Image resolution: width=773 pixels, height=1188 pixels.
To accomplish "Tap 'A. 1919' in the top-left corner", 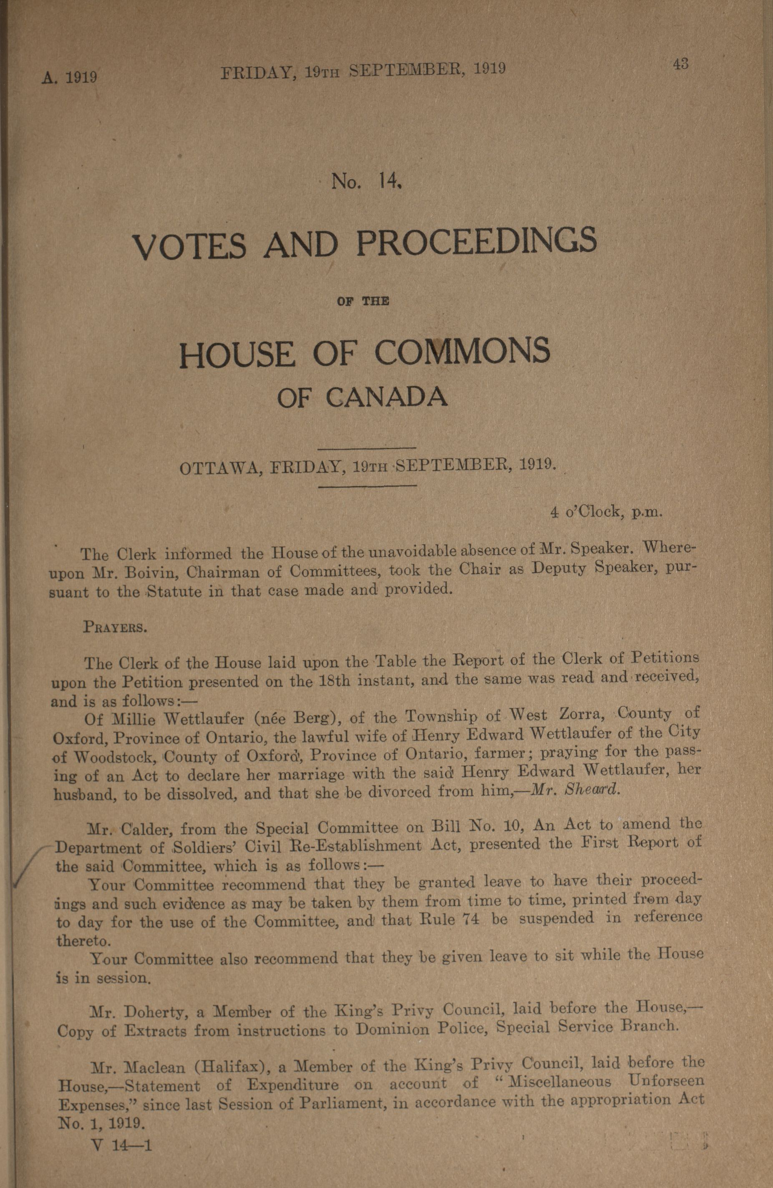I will [69, 78].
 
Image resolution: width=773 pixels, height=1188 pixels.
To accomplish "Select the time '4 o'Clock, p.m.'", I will [607, 512].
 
